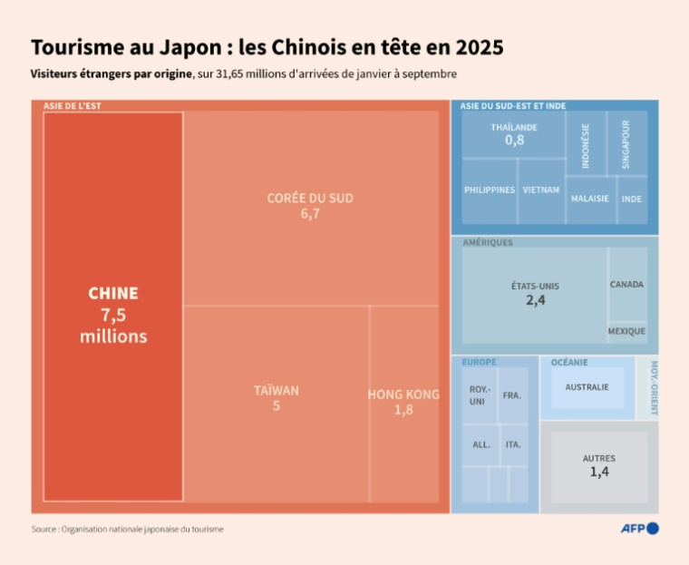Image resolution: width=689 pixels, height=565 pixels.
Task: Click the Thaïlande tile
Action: point(514,134)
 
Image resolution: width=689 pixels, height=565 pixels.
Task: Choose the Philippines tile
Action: point(490,190)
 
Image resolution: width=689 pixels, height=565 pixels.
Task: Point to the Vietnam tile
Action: point(541,190)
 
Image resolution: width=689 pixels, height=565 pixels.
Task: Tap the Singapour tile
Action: point(626,143)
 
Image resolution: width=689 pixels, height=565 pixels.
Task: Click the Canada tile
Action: point(626,285)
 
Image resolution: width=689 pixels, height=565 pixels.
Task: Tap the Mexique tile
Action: point(626,332)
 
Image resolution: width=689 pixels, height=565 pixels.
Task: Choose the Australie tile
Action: point(587,388)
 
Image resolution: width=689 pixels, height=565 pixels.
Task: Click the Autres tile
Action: point(598,465)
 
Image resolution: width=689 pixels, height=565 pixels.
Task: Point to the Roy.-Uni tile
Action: point(478,395)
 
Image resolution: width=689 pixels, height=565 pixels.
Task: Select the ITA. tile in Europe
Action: point(513,444)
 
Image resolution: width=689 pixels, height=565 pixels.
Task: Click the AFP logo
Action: point(638,529)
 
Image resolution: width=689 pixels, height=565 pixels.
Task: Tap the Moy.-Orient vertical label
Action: point(651,388)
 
